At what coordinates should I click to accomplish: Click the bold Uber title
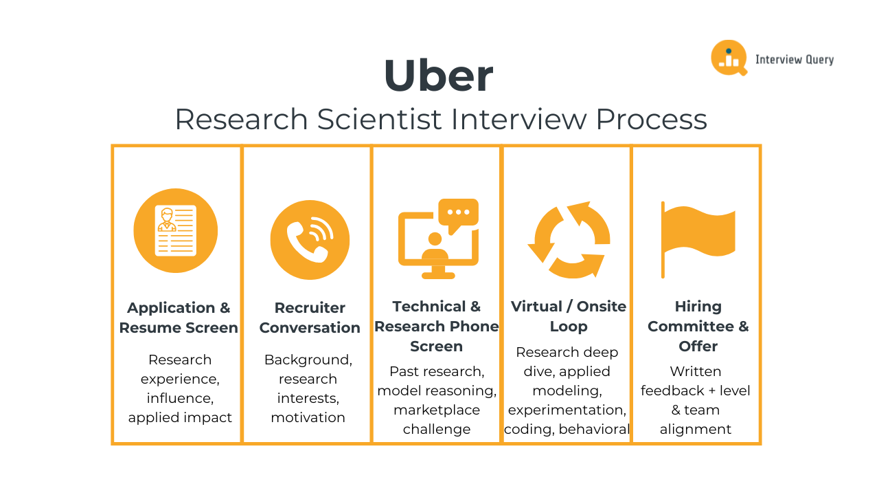point(438,76)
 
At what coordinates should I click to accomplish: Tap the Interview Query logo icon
point(728,58)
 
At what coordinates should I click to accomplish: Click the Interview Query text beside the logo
point(794,60)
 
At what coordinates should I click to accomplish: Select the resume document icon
point(175,230)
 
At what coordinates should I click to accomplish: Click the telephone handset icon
point(310,239)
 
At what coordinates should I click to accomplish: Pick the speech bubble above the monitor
point(458,213)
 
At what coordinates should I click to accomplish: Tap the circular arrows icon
point(569,239)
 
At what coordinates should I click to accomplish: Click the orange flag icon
point(697,237)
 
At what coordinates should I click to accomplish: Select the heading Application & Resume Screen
point(179,318)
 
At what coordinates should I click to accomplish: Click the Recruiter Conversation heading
point(310,318)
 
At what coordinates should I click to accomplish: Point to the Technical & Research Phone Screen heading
point(437,326)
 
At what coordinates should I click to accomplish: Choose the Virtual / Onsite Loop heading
point(569,316)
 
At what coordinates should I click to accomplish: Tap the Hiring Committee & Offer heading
point(698,326)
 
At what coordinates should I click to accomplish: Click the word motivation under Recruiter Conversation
point(308,417)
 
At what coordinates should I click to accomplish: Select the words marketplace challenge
point(437,419)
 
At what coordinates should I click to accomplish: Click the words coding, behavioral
point(567,429)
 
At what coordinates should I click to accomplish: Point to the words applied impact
point(180,417)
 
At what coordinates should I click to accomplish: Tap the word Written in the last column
point(696,371)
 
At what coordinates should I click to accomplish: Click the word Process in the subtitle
point(651,119)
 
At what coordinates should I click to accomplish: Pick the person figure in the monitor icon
point(435,247)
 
